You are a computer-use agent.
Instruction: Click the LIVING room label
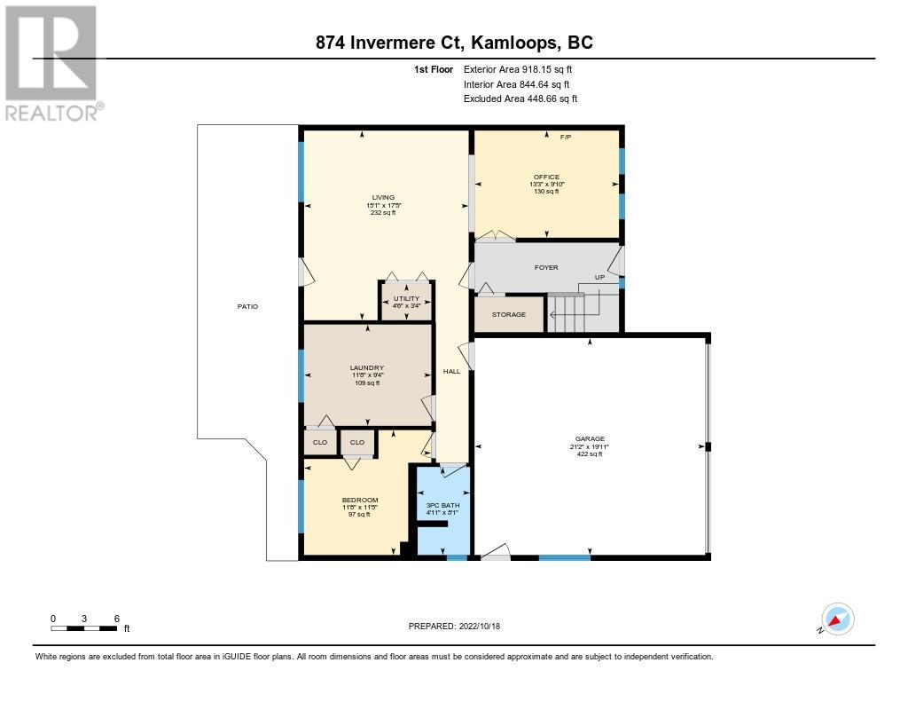383,198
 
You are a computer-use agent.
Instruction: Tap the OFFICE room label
546,177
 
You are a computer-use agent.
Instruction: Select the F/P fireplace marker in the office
566,138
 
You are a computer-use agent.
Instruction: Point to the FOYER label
546,268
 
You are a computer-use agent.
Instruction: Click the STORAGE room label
509,315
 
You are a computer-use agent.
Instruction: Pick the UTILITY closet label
406,298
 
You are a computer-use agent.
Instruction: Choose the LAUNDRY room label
367,368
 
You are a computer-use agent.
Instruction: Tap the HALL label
451,372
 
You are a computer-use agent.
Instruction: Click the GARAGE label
590,438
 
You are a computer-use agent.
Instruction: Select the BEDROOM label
360,501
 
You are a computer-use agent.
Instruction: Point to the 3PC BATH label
443,506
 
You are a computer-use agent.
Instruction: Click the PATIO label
248,307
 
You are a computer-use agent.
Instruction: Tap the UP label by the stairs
600,278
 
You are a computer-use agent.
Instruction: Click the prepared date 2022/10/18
480,626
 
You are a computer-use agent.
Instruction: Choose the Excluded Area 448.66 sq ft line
521,99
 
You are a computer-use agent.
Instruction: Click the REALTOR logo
54,64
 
